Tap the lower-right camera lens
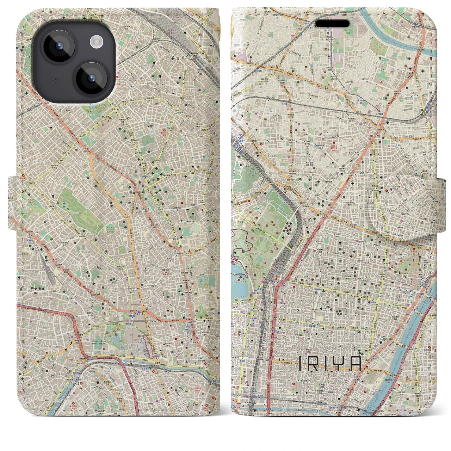91,79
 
